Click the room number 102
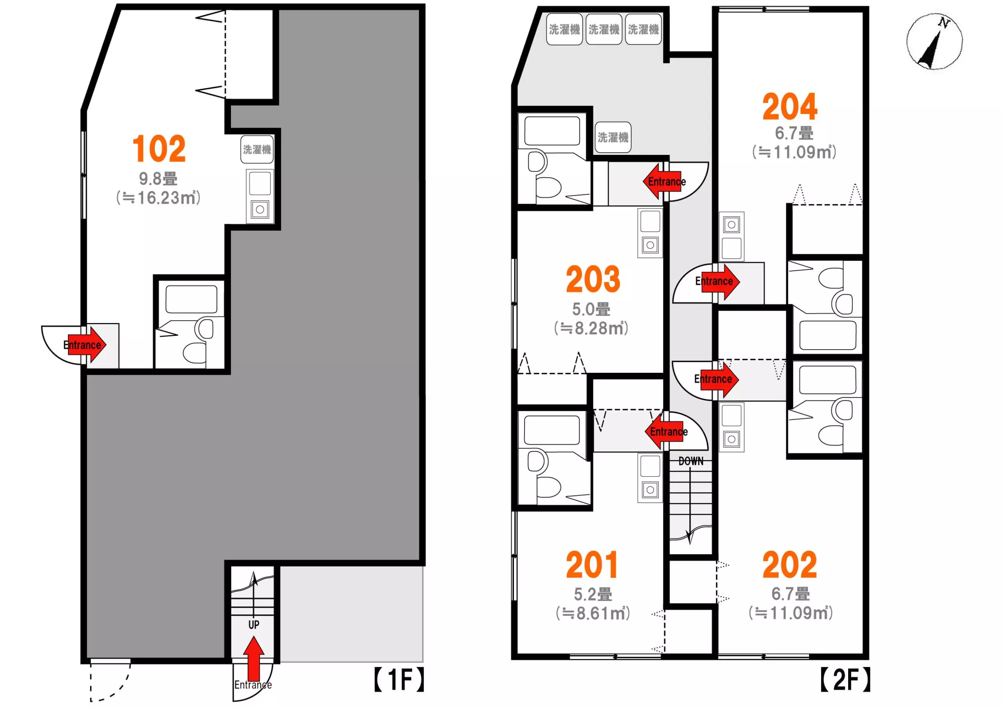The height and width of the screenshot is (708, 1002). coord(159,149)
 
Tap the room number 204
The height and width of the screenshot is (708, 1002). coord(790,107)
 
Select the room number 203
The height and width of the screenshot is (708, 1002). coord(593,279)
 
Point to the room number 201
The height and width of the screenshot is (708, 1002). coord(592,565)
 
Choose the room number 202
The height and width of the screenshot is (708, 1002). coord(790,565)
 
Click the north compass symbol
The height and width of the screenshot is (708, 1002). coord(935,42)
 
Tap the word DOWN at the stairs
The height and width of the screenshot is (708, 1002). coord(691,461)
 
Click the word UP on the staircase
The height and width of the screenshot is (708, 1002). coord(254,625)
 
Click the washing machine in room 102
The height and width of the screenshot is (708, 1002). coord(257,150)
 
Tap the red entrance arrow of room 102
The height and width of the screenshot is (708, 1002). coord(87,345)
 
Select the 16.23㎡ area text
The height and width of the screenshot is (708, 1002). coord(159,198)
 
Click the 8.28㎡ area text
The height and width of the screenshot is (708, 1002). coord(591,329)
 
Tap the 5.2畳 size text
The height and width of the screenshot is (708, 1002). coord(593,594)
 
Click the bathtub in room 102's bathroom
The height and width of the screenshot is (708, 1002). coord(191,299)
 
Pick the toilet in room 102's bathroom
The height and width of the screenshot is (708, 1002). coord(198,342)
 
